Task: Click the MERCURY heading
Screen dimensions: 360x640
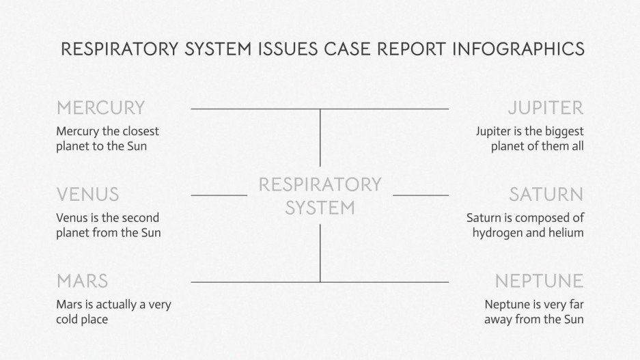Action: pos(100,108)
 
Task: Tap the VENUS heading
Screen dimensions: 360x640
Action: pos(87,195)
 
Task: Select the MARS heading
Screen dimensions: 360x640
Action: pos(82,281)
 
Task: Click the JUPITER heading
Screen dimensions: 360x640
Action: pos(545,108)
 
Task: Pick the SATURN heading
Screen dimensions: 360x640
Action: pos(546,195)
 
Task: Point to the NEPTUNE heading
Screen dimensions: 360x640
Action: pos(539,281)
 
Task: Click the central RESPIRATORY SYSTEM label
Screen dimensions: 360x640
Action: pos(320,195)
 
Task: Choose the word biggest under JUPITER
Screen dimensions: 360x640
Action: pos(564,131)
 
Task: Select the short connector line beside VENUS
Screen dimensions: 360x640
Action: pos(219,195)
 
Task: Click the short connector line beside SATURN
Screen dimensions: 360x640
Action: pos(421,195)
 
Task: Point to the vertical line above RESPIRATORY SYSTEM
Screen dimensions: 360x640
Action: pos(320,137)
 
